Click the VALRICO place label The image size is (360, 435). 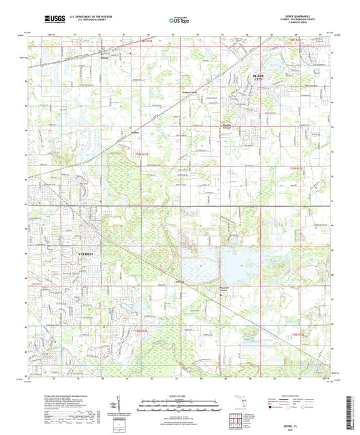point(78,251)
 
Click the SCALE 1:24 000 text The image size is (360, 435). point(180,395)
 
